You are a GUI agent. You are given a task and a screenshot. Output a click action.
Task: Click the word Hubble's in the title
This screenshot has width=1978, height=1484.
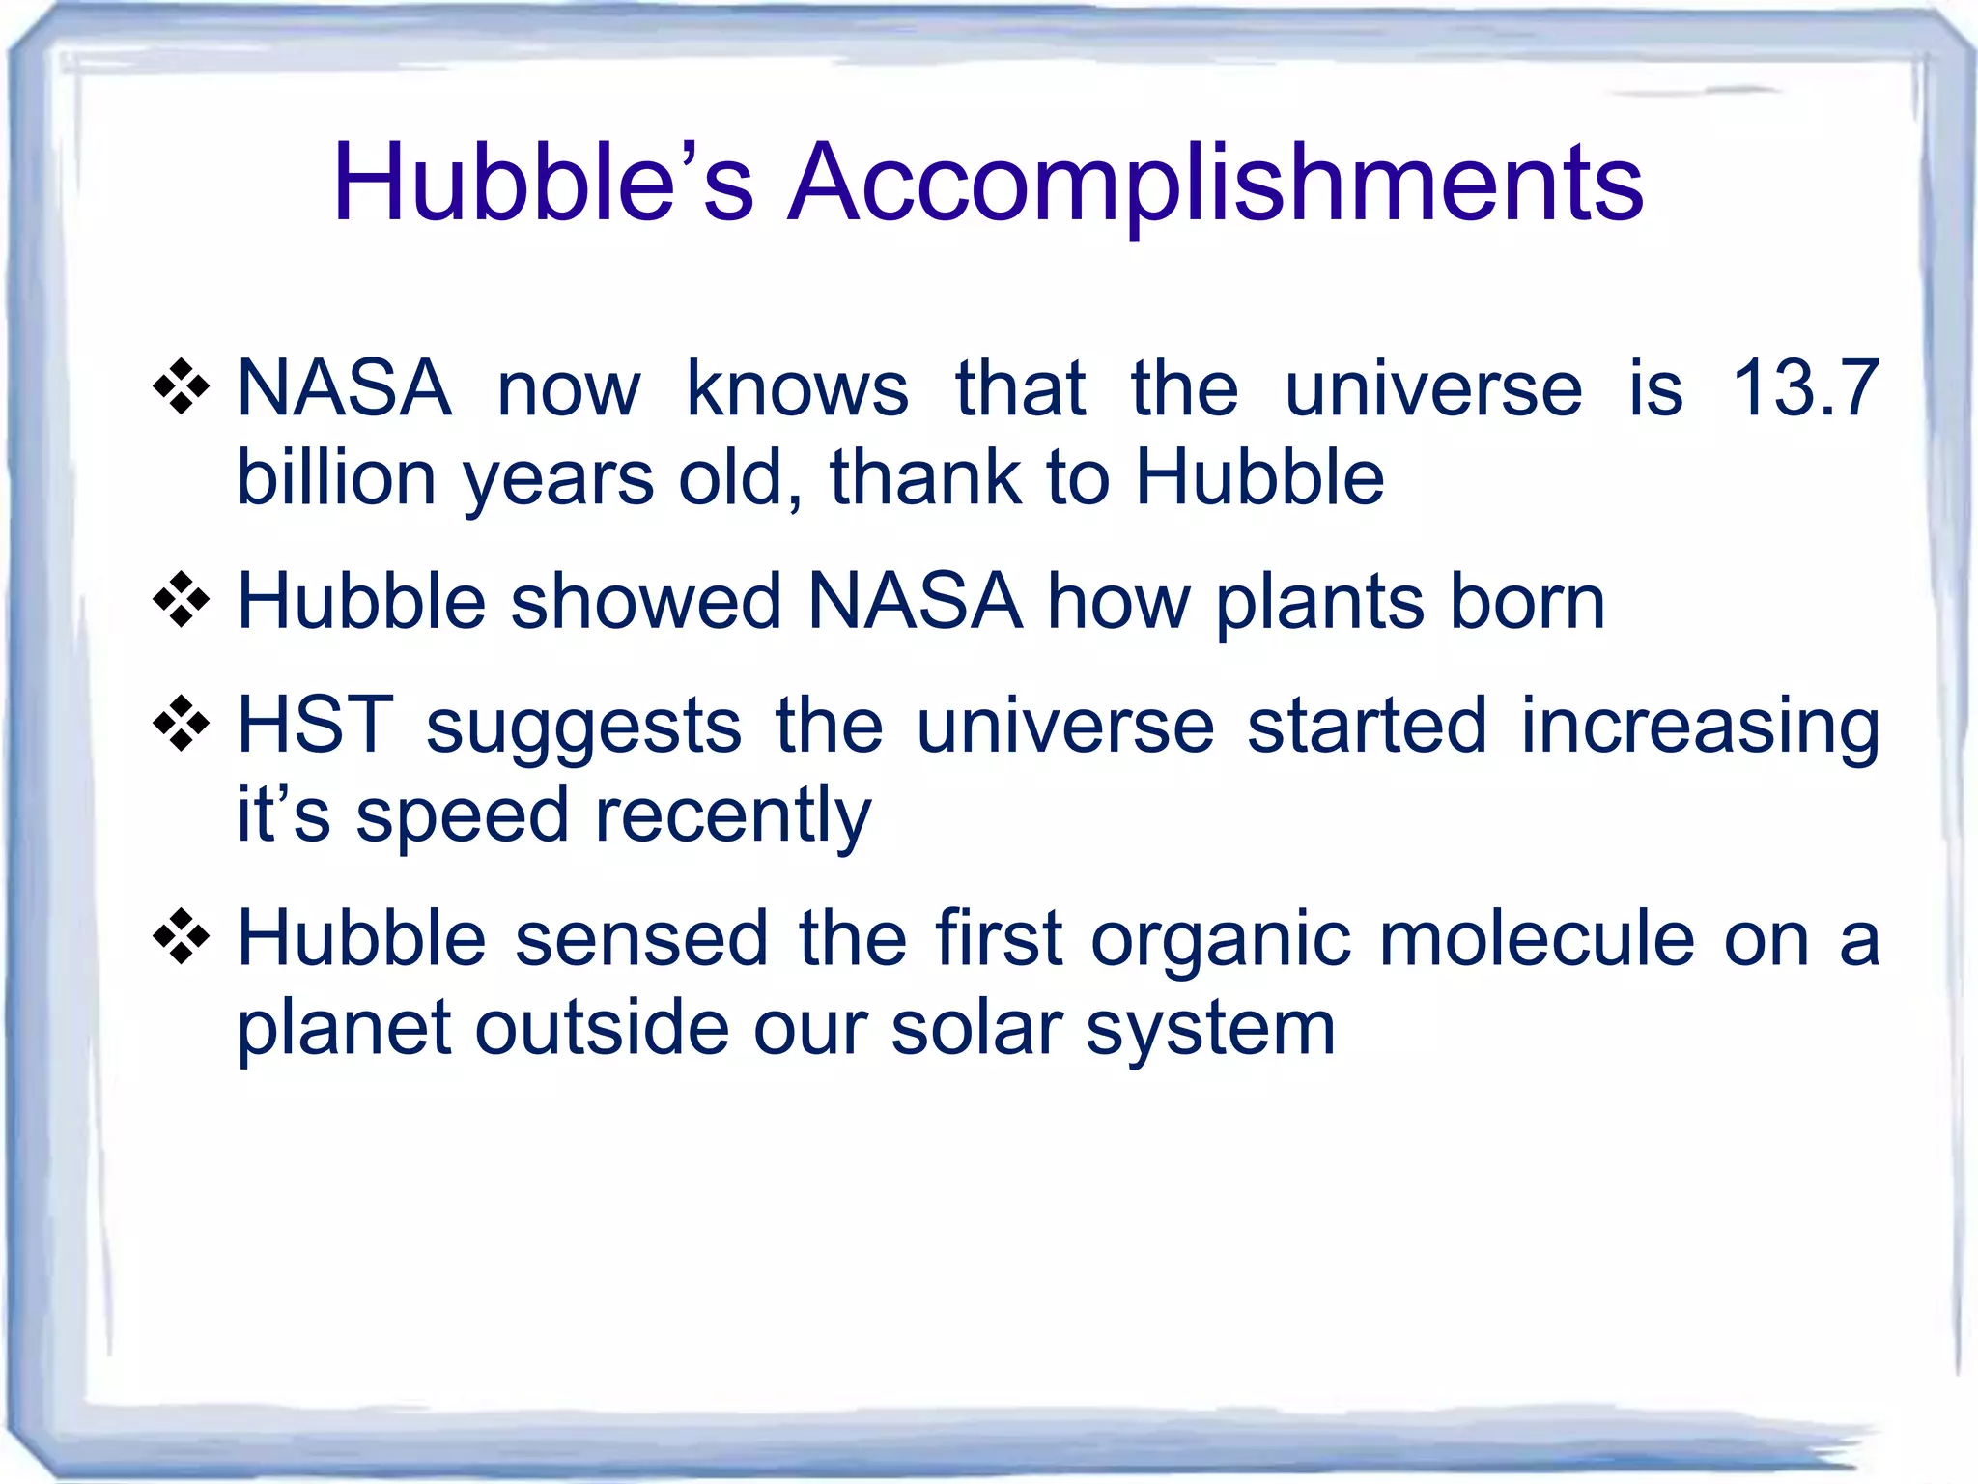click(x=542, y=184)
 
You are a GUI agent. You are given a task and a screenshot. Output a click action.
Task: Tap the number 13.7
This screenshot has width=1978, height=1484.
click(x=1805, y=388)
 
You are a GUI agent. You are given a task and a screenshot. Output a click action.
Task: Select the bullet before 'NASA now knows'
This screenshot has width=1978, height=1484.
click(x=182, y=387)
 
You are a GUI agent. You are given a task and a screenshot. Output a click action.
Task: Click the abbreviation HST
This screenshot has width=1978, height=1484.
click(x=315, y=725)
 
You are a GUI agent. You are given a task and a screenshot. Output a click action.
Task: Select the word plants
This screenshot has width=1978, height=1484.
click(x=1319, y=603)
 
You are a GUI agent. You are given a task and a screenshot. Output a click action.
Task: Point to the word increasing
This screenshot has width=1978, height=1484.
click(x=1700, y=727)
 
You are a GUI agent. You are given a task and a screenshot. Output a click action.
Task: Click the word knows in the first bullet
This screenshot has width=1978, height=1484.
click(x=797, y=388)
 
